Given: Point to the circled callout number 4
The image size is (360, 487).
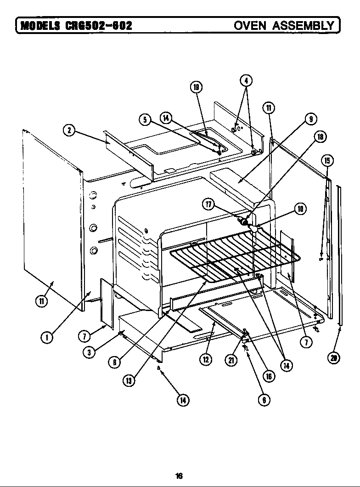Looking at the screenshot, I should (246, 80).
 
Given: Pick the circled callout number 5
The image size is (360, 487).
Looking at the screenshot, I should (145, 120).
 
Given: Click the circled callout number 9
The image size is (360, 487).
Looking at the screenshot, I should (311, 119).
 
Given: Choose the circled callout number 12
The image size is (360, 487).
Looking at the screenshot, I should (205, 360).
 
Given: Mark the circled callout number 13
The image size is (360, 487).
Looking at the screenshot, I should (129, 380).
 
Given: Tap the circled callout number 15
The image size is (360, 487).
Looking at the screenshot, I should (327, 160).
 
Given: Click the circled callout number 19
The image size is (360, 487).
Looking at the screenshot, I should (196, 87).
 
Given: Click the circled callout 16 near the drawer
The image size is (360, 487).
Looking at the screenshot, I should (269, 376).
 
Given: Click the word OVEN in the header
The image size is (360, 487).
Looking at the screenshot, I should (250, 25).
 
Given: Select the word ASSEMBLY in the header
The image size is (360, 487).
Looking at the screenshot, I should (303, 25).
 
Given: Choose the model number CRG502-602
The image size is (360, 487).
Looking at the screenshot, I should (99, 25).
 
